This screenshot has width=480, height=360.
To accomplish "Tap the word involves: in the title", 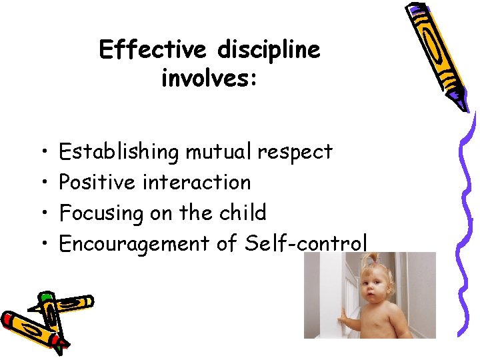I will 209,79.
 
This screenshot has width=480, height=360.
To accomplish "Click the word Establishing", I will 119,153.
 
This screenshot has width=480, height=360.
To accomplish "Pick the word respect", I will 295,153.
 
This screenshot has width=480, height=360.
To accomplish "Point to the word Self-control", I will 306,243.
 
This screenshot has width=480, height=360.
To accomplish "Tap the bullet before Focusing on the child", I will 43,214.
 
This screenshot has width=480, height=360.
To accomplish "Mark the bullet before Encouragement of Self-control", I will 43,245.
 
